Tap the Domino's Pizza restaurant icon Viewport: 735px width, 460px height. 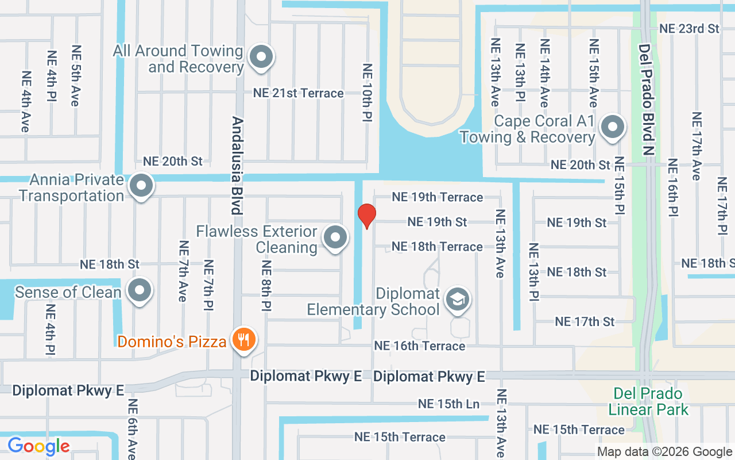click(x=243, y=340)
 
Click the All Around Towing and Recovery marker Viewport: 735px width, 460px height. click(x=262, y=57)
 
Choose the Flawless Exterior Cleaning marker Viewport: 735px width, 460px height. click(x=335, y=237)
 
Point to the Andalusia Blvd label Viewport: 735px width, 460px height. click(x=237, y=166)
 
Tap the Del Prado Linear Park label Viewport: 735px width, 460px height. click(x=648, y=401)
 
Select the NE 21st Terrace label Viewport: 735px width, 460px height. click(x=299, y=93)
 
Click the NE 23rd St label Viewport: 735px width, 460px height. click(x=689, y=28)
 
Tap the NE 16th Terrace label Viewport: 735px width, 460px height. click(x=419, y=346)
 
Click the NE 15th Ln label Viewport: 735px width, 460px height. click(x=448, y=404)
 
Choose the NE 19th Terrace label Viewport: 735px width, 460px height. click(x=437, y=197)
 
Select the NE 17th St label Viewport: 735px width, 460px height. click(x=585, y=321)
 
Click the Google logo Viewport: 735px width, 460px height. click(x=38, y=446)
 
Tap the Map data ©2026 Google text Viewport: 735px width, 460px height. click(x=664, y=452)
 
